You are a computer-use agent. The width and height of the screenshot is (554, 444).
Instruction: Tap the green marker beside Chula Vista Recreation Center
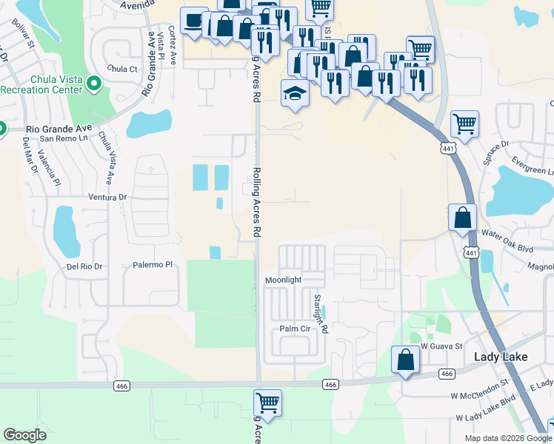[x=94, y=84]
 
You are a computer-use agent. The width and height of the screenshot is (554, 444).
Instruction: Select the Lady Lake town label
[x=501, y=357]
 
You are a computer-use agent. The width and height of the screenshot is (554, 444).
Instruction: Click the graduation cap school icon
[x=294, y=94]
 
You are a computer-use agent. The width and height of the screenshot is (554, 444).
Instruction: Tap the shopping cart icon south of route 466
[x=267, y=403]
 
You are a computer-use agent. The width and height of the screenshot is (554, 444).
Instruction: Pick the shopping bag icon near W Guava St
[x=406, y=360]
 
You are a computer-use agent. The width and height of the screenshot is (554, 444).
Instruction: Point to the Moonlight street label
[x=284, y=280]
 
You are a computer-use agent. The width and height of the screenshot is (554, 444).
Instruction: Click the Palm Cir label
[x=294, y=329]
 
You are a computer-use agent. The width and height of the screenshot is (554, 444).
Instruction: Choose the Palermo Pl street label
[x=153, y=264]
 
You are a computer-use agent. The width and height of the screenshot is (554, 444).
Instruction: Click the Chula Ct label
[x=123, y=69]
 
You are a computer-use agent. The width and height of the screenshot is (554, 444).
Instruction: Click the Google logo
[x=25, y=434]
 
